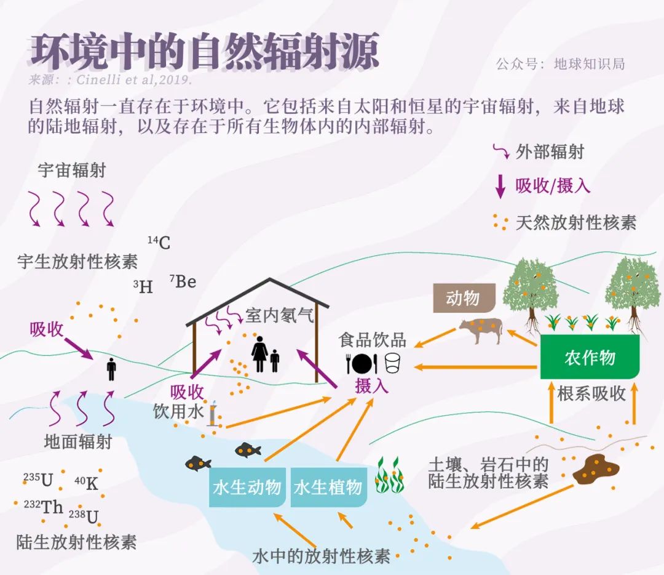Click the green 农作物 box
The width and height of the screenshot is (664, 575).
tap(590, 358)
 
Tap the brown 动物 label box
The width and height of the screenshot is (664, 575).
tap(463, 299)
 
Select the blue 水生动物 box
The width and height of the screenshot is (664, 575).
tap(247, 488)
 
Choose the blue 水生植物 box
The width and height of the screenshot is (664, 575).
tap(328, 488)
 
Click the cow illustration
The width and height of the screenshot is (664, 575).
tap(481, 330)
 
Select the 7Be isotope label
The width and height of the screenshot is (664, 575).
tap(183, 282)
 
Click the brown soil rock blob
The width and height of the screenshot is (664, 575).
tap(595, 468)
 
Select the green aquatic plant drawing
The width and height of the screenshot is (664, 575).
tap(389, 475)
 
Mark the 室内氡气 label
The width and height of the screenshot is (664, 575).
tap(280, 316)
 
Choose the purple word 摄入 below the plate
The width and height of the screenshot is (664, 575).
tap(372, 386)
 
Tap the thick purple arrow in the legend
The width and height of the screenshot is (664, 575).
tap(500, 185)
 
